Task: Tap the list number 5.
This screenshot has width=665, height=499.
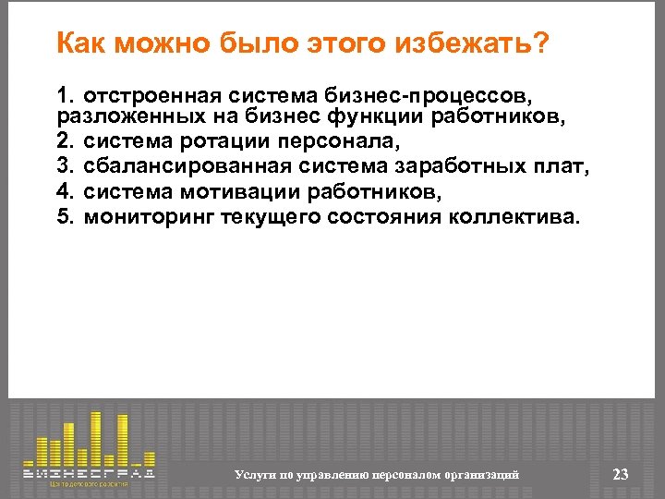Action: (x=64, y=216)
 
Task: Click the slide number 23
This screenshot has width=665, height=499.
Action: (x=620, y=474)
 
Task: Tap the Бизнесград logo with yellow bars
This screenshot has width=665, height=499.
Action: (x=89, y=447)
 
